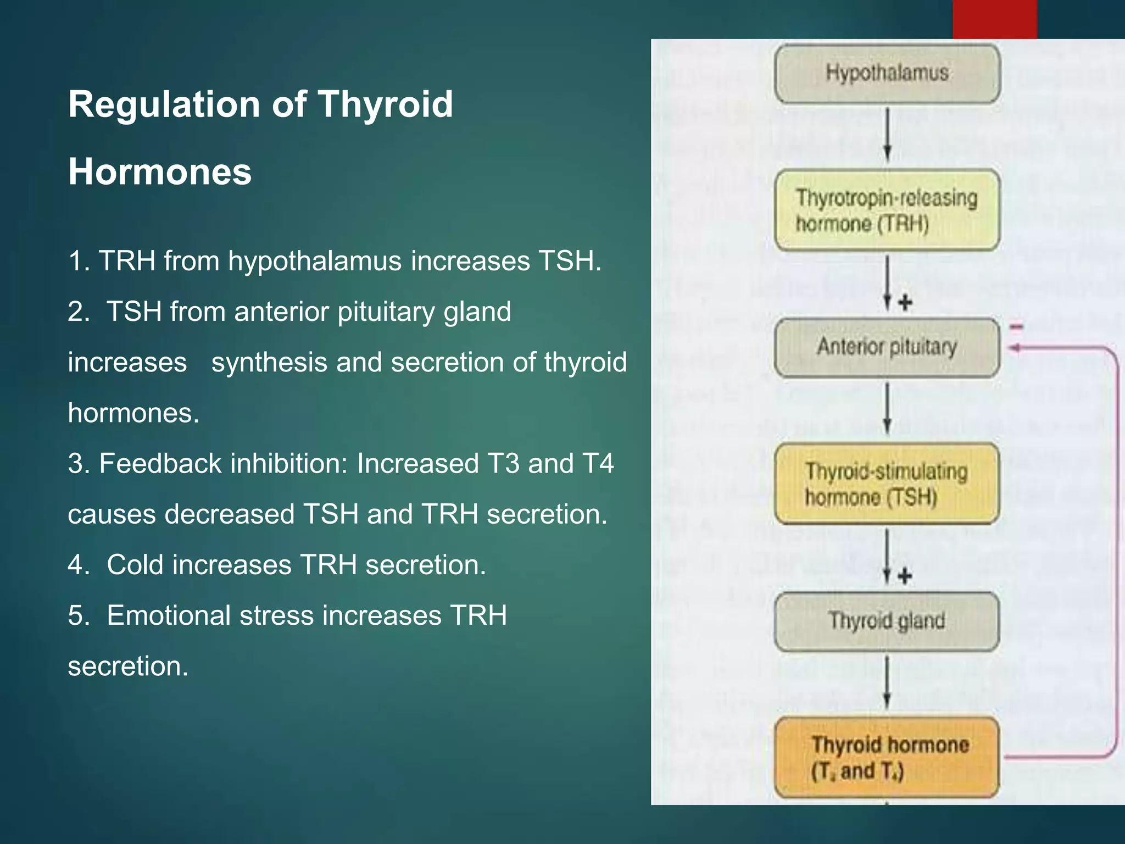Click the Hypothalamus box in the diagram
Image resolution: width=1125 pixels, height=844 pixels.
(x=887, y=74)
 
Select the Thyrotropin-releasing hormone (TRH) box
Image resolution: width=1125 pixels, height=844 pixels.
(x=887, y=210)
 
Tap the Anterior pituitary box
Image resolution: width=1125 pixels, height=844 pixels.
(x=887, y=347)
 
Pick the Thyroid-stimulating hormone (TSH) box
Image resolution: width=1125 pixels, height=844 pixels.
(x=887, y=484)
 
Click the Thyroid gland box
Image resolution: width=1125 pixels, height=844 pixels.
(x=887, y=621)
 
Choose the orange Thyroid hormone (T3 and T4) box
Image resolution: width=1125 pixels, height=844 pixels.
(x=887, y=757)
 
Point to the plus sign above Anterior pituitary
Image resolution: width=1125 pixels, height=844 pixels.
(x=905, y=302)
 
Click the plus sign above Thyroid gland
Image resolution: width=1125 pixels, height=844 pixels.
(x=905, y=576)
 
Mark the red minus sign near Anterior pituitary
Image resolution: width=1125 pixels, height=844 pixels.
(x=1016, y=327)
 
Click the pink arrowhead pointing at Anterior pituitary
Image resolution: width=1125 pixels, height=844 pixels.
(x=1014, y=348)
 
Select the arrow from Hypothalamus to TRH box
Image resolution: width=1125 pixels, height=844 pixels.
(x=887, y=135)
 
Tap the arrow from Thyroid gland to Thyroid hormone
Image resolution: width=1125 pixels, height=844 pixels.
(x=887, y=683)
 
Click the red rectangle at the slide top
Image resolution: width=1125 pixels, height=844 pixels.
(x=994, y=19)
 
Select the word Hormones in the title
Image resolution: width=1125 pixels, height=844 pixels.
(x=160, y=172)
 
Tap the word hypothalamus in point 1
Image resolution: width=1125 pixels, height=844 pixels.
(x=315, y=261)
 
